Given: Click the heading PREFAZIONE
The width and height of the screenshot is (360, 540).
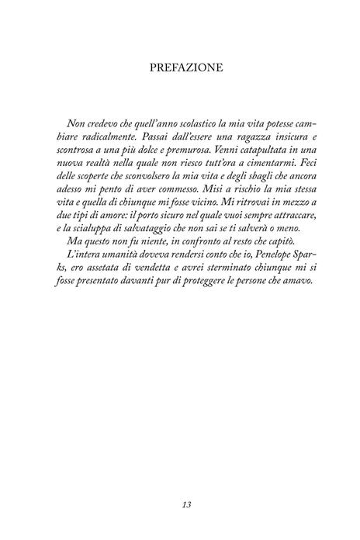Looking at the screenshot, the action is [x=180, y=68].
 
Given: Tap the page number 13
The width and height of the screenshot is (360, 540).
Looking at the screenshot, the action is [x=180, y=504].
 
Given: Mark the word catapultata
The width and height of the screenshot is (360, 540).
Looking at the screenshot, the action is [x=257, y=153].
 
